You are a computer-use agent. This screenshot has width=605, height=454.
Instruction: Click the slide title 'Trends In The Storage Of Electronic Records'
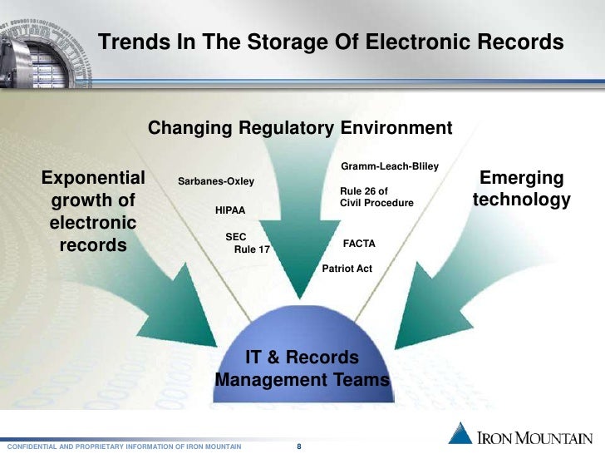tap(331, 42)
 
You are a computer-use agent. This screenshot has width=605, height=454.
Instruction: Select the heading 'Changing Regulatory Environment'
tap(300, 129)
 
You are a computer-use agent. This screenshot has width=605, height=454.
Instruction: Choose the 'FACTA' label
tap(360, 244)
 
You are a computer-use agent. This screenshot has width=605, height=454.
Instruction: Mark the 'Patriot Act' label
tap(347, 269)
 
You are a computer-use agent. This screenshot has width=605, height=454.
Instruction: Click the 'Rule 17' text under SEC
tap(253, 249)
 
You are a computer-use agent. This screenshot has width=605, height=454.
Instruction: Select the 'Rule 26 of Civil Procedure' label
tap(376, 197)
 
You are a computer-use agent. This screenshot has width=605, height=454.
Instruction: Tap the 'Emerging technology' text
tap(522, 190)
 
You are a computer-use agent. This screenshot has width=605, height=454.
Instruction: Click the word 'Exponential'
tap(93, 178)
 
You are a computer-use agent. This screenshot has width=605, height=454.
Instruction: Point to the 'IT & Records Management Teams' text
tap(302, 369)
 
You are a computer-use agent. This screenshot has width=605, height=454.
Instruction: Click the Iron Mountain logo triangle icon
tap(461, 433)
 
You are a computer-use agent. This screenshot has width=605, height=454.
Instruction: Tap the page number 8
tap(299, 447)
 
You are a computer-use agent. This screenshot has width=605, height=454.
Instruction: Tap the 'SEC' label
tap(236, 237)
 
